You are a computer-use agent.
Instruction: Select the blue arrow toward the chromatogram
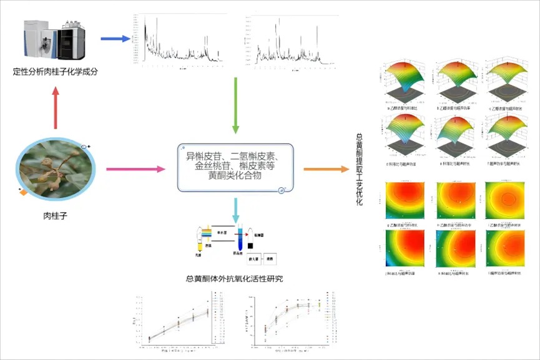(x=115, y=39)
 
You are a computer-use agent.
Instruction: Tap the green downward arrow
(x=235, y=105)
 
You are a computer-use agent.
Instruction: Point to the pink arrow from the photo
(x=135, y=169)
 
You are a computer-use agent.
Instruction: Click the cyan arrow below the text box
(x=235, y=209)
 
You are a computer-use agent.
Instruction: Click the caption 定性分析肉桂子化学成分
(x=56, y=71)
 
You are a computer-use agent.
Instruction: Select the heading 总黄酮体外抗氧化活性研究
(x=235, y=279)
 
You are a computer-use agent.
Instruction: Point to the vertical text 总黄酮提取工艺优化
(x=360, y=168)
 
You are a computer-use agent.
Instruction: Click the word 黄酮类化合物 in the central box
(x=235, y=177)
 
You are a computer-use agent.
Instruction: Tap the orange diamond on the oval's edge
(x=23, y=192)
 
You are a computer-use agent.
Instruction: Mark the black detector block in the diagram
(x=251, y=243)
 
